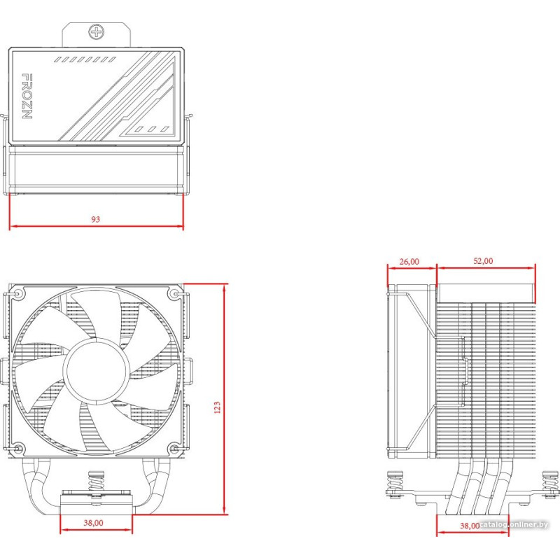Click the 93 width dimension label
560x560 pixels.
[x=95, y=219]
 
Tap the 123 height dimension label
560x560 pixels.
[x=217, y=407]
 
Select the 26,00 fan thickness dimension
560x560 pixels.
[x=409, y=262]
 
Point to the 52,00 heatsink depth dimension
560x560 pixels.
[x=483, y=261]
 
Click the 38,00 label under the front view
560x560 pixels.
[x=94, y=523]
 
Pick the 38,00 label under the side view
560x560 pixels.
[x=470, y=526]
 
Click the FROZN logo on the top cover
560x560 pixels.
[x=27, y=96]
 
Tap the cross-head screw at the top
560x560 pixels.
[x=97, y=31]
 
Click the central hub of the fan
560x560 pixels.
[x=96, y=370]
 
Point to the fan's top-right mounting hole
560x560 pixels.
[x=175, y=294]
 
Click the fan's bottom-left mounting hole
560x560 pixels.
[x=18, y=448]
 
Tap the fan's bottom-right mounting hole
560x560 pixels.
[x=175, y=448]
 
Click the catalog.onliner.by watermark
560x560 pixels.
[x=514, y=524]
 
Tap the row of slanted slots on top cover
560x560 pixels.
[x=85, y=59]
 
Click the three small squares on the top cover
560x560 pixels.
[x=151, y=129]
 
